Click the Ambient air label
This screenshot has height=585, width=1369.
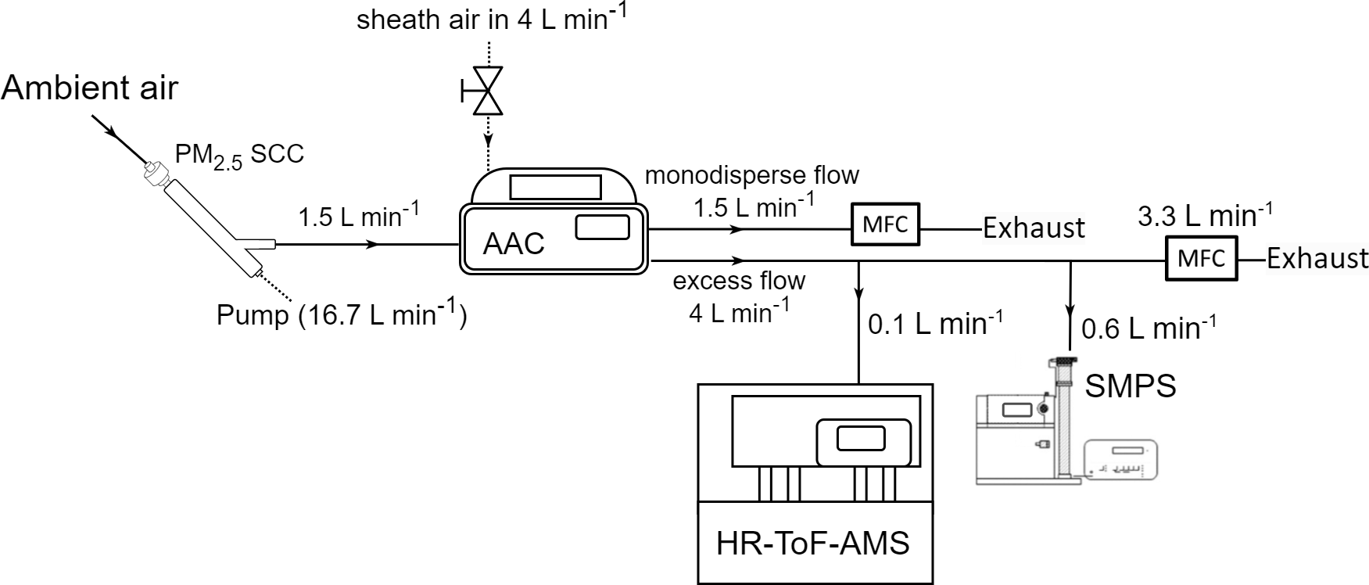point(90,88)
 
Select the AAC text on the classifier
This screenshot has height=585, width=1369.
point(514,243)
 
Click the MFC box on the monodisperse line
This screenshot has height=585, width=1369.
point(886,225)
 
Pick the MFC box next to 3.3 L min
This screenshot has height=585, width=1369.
point(1201,258)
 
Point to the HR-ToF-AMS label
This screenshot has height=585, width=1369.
point(813,543)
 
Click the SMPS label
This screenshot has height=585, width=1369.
point(1131,386)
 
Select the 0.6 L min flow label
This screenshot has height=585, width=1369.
point(1148,328)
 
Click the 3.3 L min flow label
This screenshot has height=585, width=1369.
point(1205,216)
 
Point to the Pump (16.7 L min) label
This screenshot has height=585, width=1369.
point(342,315)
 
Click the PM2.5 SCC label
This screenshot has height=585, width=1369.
point(239,155)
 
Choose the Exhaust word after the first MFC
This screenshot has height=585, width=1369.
point(1034,228)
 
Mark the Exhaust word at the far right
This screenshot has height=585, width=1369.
point(1317,258)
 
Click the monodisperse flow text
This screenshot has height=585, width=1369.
point(751,175)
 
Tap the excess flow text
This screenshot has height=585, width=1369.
point(739,280)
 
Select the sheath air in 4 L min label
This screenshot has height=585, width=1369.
point(491,19)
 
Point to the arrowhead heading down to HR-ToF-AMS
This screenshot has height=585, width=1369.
point(859,294)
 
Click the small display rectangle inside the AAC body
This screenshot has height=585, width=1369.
point(602,228)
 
